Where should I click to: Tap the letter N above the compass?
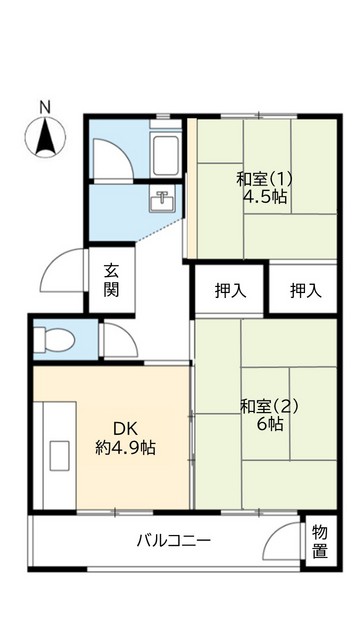click(44, 106)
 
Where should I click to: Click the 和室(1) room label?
click(261, 179)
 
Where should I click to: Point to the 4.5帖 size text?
click(265, 197)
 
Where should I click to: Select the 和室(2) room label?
click(268, 406)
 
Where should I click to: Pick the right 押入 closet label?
click(305, 291)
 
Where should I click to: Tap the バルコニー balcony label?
click(174, 541)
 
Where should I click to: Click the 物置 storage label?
click(319, 541)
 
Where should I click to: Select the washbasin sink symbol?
click(161, 199)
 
